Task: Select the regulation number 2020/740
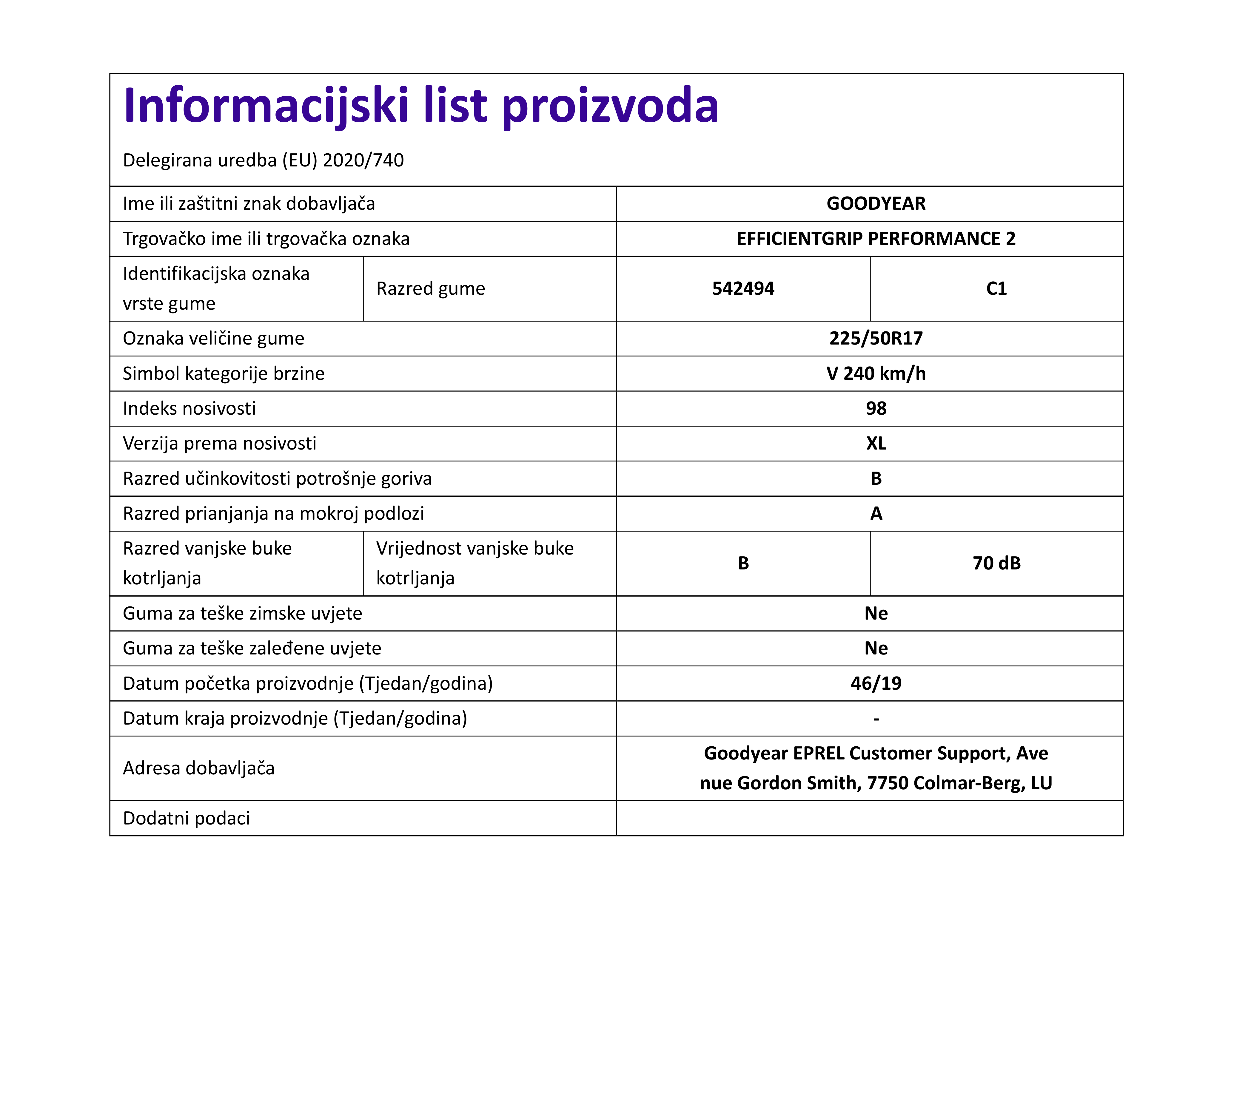coord(363,160)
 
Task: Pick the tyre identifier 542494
coord(743,289)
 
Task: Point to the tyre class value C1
coord(996,289)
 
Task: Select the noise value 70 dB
coord(996,563)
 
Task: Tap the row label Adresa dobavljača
coord(198,768)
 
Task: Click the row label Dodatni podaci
coord(186,818)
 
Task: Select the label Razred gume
coord(430,289)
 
